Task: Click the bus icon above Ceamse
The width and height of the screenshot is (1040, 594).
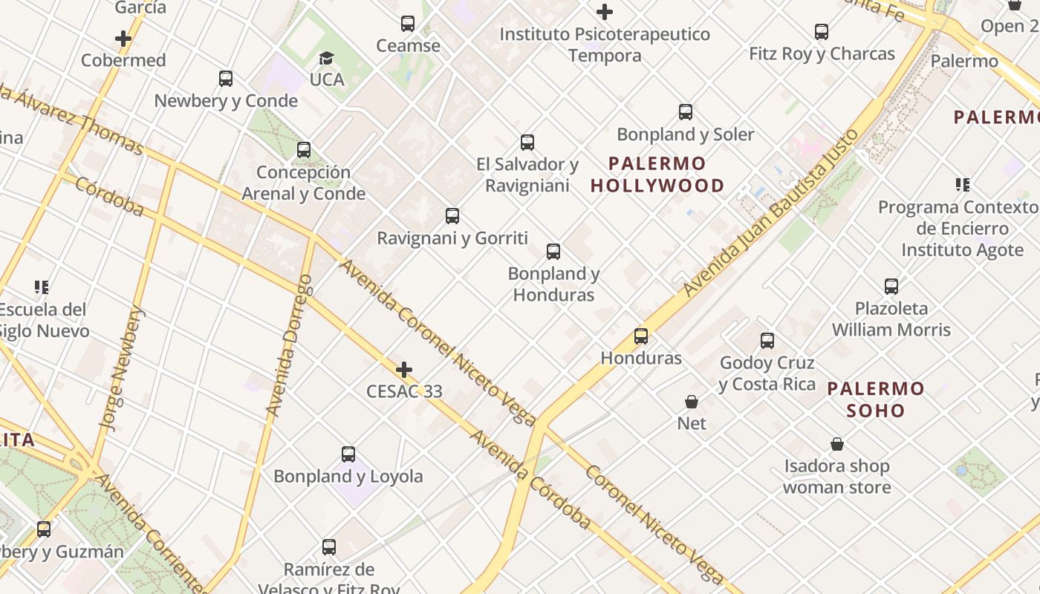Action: point(408,24)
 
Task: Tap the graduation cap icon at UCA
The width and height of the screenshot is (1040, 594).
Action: point(326,58)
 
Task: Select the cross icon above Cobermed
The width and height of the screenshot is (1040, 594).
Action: point(123,39)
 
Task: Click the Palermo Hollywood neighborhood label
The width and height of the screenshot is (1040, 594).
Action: point(657,174)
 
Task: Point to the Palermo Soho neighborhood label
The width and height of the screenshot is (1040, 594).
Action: point(876,399)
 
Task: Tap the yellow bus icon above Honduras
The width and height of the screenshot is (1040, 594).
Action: point(641,336)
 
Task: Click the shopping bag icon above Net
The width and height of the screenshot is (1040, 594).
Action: point(692,402)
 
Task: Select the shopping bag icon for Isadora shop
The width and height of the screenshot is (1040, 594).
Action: point(837,444)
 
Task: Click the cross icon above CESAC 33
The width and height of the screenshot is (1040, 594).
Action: point(404,370)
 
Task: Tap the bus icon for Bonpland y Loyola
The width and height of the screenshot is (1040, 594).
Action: point(348,454)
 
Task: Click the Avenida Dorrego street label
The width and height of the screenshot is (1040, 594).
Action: point(290,345)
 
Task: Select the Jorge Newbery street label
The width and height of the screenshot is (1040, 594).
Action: point(121,369)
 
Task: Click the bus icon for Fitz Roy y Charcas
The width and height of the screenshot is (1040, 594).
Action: point(822,32)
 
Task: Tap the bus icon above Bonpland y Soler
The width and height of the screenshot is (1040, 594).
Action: point(686,112)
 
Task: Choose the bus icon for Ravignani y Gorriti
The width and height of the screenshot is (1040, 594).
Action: point(452,216)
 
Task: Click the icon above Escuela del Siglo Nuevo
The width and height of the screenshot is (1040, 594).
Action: point(42,287)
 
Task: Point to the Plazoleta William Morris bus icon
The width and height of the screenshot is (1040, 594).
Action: point(891,286)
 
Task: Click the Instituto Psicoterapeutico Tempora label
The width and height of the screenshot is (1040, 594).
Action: point(605,45)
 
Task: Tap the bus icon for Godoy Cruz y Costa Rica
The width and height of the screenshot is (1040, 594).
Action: point(767,341)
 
